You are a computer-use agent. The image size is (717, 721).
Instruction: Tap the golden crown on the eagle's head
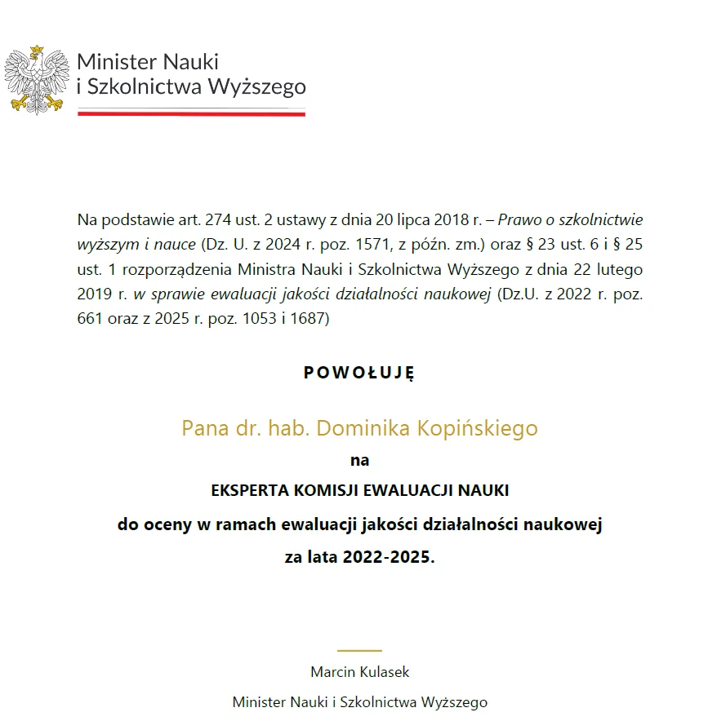(x=36, y=51)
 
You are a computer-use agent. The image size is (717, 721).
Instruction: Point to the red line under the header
(x=191, y=114)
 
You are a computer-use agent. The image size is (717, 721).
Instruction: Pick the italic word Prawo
(x=519, y=219)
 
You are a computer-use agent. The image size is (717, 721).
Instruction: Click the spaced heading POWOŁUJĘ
(x=359, y=373)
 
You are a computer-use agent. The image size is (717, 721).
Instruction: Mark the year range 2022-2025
(x=389, y=559)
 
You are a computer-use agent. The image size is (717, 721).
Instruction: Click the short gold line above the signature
(x=359, y=650)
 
